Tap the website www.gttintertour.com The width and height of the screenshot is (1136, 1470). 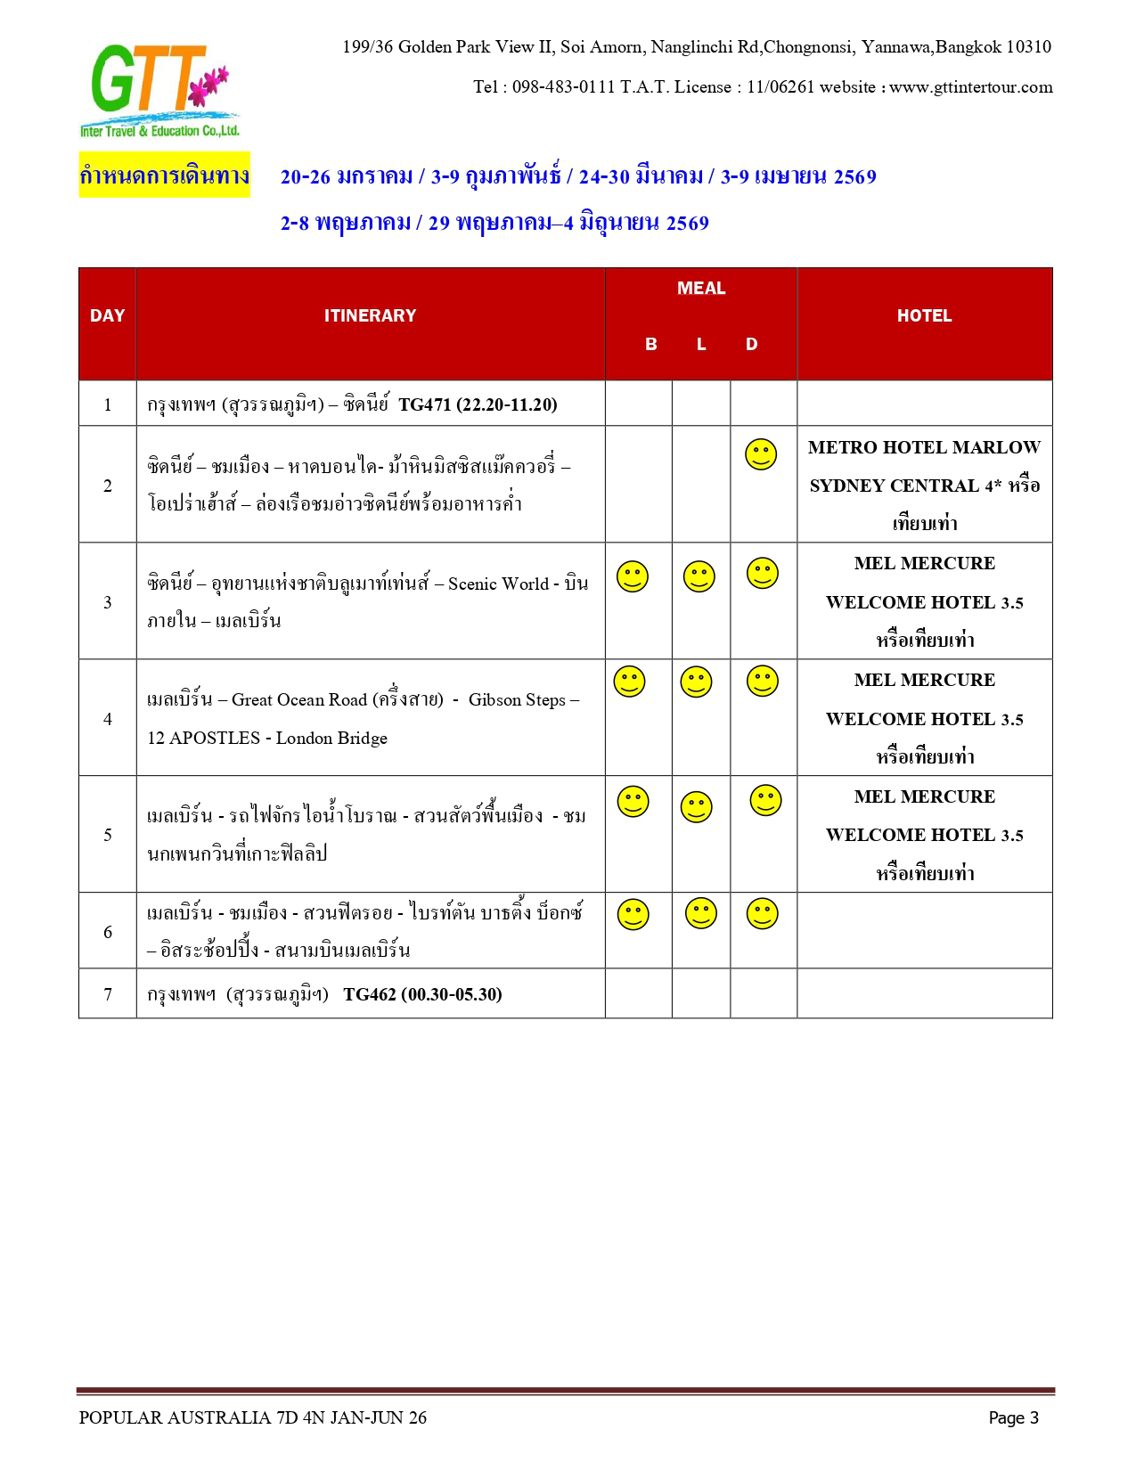pyautogui.click(x=970, y=87)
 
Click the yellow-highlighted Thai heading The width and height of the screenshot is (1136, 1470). pyautogui.click(x=164, y=176)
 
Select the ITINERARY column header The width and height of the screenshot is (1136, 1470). pyautogui.click(x=370, y=315)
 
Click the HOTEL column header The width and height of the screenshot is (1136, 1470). pyautogui.click(x=924, y=315)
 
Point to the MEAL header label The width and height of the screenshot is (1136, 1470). pyautogui.click(x=701, y=288)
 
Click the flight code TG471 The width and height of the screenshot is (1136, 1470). pyautogui.click(x=425, y=404)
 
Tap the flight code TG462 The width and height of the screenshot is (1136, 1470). pyautogui.click(x=370, y=994)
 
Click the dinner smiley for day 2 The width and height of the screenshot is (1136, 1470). pyautogui.click(x=761, y=454)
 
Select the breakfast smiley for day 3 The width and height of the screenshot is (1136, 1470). pyautogui.click(x=633, y=576)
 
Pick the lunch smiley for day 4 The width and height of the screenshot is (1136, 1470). pyautogui.click(x=696, y=682)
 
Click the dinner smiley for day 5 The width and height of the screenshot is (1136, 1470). pyautogui.click(x=765, y=800)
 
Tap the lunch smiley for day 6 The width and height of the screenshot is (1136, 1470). pyautogui.click(x=701, y=913)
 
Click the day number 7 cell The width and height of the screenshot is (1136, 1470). pyautogui.click(x=108, y=994)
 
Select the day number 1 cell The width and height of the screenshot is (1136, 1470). pyautogui.click(x=108, y=404)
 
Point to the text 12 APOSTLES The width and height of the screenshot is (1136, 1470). pyautogui.click(x=204, y=738)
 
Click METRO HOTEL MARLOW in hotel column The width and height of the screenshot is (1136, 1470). pyautogui.click(x=924, y=447)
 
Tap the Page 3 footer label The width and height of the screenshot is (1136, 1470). pyautogui.click(x=1013, y=1417)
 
